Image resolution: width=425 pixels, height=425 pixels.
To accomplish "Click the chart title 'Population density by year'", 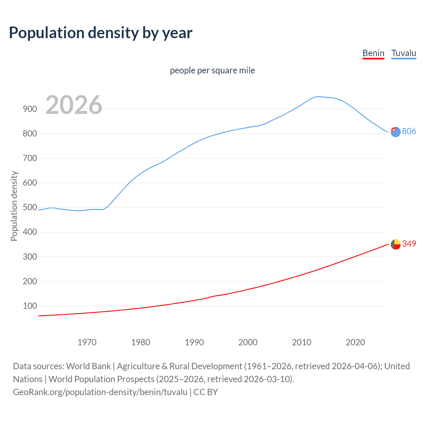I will coord(101,33).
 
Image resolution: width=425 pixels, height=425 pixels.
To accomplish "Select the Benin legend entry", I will coord(373,53).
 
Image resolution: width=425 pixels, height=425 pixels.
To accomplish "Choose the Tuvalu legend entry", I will coord(403,53).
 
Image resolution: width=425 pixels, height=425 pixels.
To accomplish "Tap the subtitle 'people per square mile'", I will coord(212,70).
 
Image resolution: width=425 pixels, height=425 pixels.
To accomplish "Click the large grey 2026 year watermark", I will coord(74,105).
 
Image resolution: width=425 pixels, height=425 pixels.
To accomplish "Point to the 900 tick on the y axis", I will coord(30,109).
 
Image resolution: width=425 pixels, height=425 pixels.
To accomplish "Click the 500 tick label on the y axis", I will coord(30,207).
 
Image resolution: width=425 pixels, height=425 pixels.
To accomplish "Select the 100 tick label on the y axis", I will coord(30,306).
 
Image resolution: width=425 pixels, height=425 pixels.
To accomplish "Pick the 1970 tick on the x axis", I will coord(87,342).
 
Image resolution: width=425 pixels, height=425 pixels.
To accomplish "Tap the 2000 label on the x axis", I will coord(248,342).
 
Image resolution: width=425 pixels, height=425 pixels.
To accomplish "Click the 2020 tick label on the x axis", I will coord(355,342).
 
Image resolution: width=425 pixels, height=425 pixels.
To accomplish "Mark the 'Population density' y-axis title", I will coord(14,206).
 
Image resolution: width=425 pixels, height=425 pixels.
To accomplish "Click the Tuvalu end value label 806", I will coord(409,131).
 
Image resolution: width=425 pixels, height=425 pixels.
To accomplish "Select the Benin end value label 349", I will coord(409,244).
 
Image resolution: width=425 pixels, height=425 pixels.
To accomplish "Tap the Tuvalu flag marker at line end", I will coord(395,132).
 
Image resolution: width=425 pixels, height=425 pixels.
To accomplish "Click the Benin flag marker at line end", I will coord(395,244).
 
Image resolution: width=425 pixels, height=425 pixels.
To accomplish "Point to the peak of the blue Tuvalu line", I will coord(318,97).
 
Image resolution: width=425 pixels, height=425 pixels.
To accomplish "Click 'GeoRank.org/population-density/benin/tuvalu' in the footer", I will coord(100,392).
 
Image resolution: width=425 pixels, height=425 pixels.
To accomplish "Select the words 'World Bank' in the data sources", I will coord(88,366).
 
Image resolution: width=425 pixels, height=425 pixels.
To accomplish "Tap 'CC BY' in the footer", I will coord(206,392).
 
